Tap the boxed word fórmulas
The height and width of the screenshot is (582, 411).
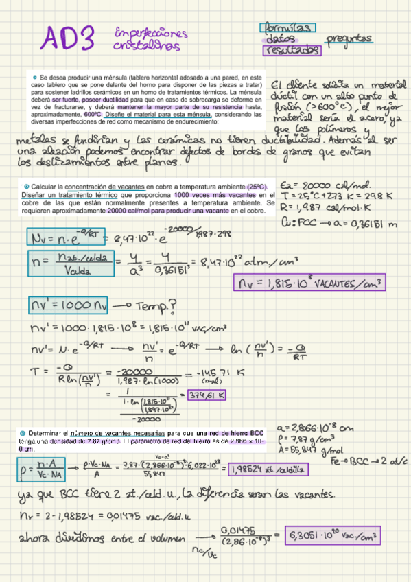287,27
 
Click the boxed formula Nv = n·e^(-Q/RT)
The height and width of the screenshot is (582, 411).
64,238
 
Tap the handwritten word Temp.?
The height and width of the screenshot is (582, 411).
159,305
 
